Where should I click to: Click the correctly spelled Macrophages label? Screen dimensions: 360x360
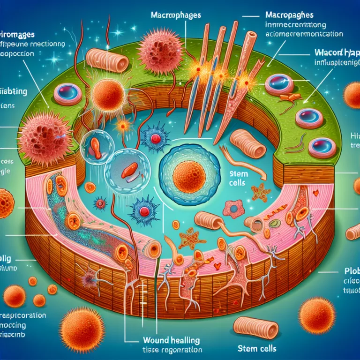pos(176,15)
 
